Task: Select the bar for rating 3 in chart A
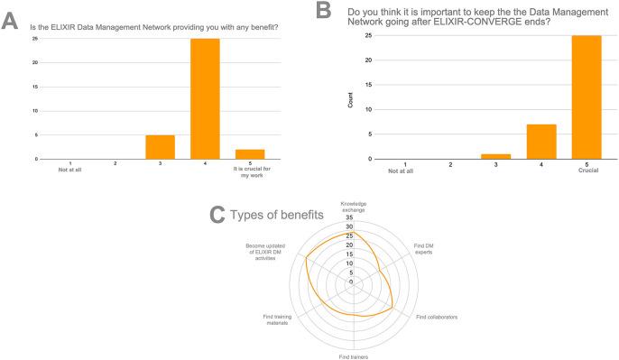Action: [160, 146]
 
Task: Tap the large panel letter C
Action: [217, 216]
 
